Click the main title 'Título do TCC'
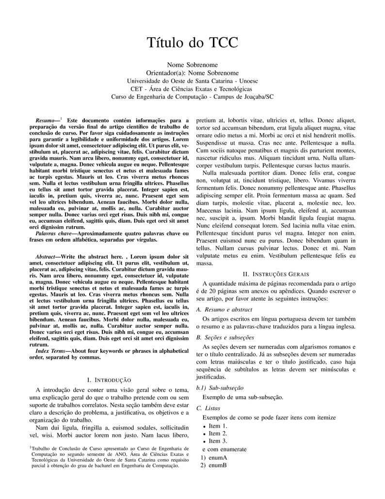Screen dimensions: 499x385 192,42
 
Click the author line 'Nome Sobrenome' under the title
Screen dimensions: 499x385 192,65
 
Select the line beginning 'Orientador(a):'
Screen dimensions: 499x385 192,73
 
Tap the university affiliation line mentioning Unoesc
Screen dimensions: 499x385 192,81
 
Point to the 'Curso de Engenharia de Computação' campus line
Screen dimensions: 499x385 192,97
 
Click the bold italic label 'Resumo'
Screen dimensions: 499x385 45,120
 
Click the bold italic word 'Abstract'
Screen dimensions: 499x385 48,256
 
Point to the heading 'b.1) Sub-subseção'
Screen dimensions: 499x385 220,388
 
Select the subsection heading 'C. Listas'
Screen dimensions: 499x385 208,408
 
